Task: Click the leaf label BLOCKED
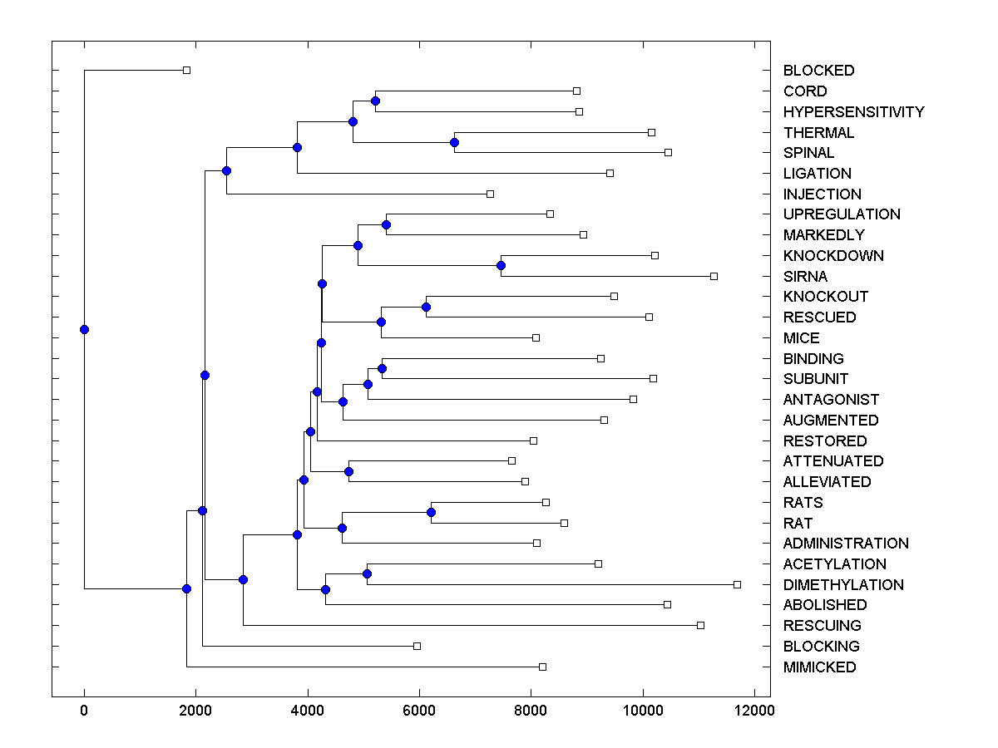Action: pos(818,71)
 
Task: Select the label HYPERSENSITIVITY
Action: pos(853,112)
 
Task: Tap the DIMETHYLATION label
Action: pos(842,585)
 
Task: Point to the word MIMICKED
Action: pos(819,667)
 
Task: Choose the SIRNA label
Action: pos(805,277)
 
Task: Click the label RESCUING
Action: pos(822,626)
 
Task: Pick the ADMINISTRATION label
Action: pos(846,544)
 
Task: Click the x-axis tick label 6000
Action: pos(419,711)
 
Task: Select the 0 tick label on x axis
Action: pos(84,711)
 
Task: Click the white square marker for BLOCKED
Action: pos(186,70)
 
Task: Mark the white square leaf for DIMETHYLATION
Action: pos(737,584)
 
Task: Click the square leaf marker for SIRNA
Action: pos(714,276)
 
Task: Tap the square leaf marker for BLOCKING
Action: pos(417,646)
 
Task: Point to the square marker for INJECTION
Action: pos(490,194)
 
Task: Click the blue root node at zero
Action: pos(84,329)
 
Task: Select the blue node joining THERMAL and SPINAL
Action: pos(454,142)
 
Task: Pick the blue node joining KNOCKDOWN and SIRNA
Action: pos(501,266)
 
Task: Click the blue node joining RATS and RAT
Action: pos(431,512)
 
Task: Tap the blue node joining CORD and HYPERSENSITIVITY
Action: pos(375,101)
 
